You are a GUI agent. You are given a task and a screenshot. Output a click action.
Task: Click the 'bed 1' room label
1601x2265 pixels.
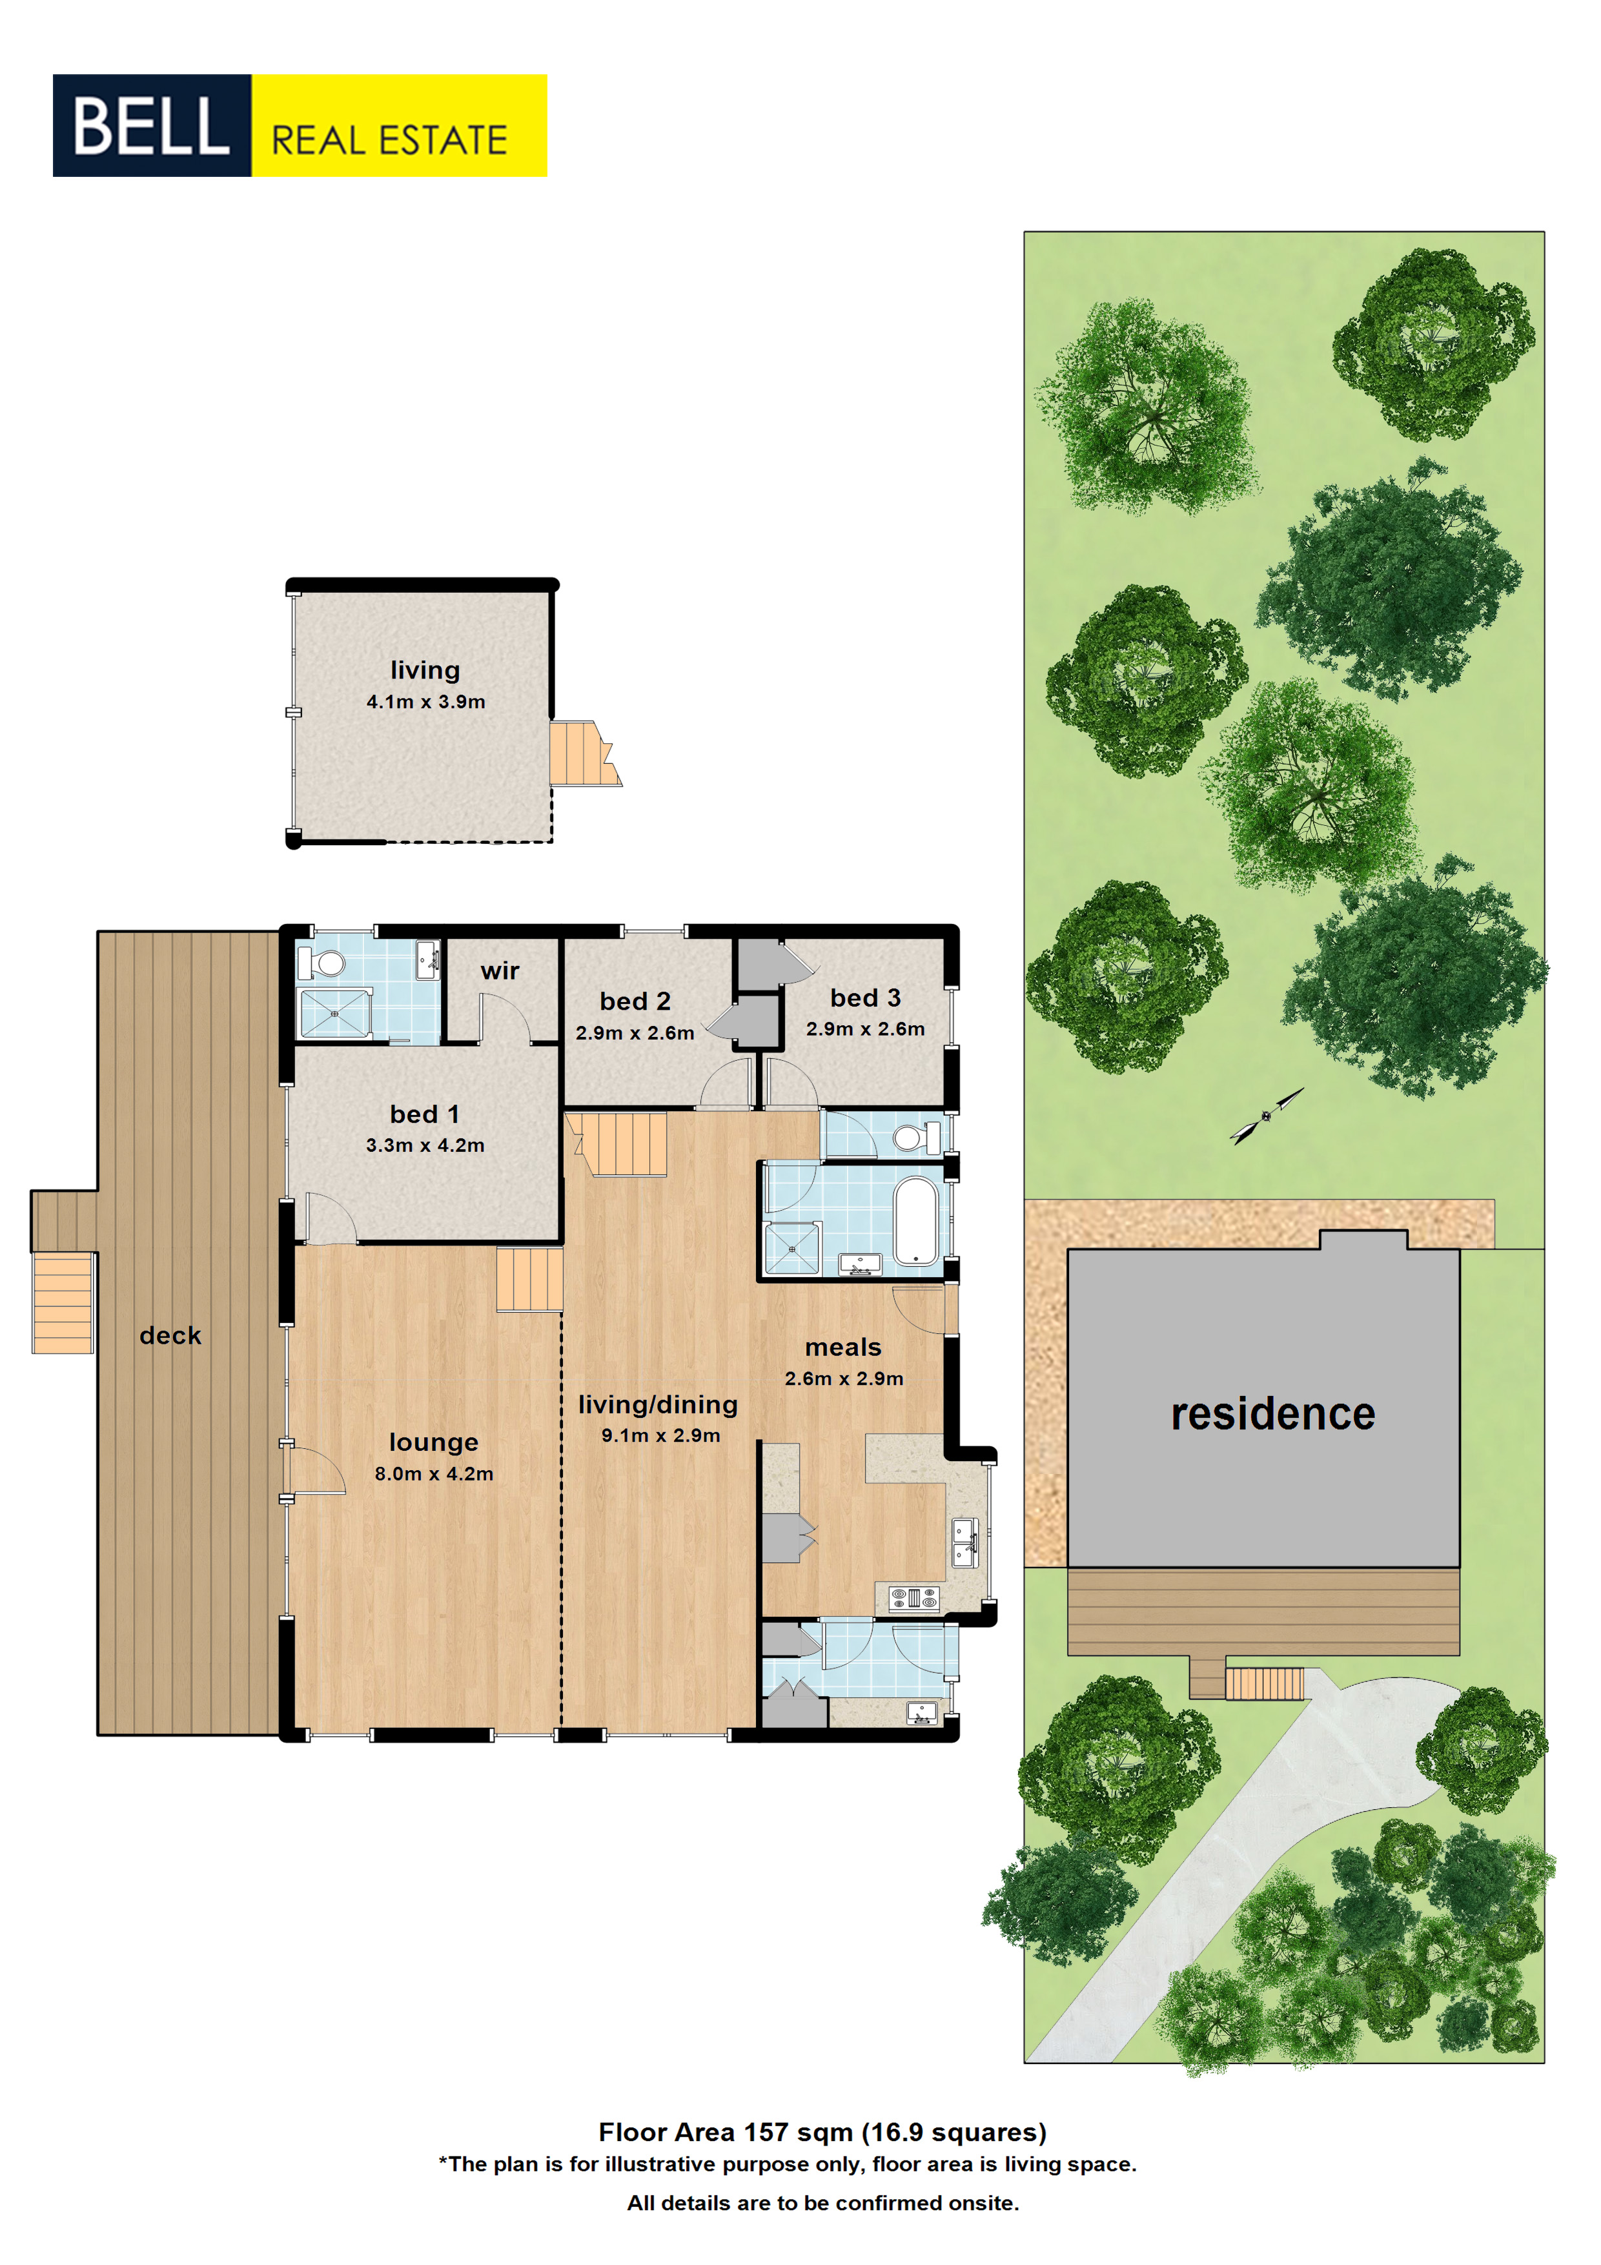[424, 1114]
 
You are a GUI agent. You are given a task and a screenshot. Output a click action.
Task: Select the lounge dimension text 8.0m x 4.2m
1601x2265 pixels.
[434, 1474]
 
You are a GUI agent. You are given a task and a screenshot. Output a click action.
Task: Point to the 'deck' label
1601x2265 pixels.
[170, 1336]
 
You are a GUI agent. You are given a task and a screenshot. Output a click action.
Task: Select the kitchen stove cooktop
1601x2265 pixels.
[913, 1597]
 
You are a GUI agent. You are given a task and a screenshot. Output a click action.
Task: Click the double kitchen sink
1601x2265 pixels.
[964, 1544]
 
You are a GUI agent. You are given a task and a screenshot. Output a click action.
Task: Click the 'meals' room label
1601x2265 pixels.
[842, 1348]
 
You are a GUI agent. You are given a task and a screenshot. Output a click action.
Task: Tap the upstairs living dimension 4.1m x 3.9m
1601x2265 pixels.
[426, 701]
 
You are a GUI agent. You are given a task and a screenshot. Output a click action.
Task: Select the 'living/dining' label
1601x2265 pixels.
[658, 1405]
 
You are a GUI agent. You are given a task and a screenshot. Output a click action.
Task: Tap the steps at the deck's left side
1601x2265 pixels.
[63, 1302]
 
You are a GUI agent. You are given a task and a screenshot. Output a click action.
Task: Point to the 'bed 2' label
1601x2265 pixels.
[635, 1001]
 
